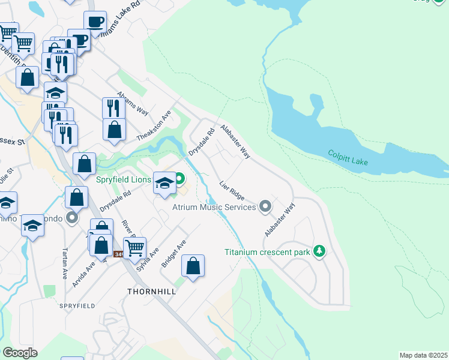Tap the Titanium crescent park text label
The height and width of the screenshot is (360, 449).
[x=267, y=252]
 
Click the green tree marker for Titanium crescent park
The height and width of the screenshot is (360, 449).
[x=320, y=251]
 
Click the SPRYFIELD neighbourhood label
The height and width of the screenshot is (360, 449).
[x=77, y=306]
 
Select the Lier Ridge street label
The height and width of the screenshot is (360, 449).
[x=232, y=191]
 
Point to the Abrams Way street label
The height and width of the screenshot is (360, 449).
[x=132, y=103]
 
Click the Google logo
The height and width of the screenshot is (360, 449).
[x=20, y=352]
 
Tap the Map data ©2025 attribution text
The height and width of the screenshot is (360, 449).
[x=423, y=355]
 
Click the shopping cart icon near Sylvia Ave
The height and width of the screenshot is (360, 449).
[x=135, y=246]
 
